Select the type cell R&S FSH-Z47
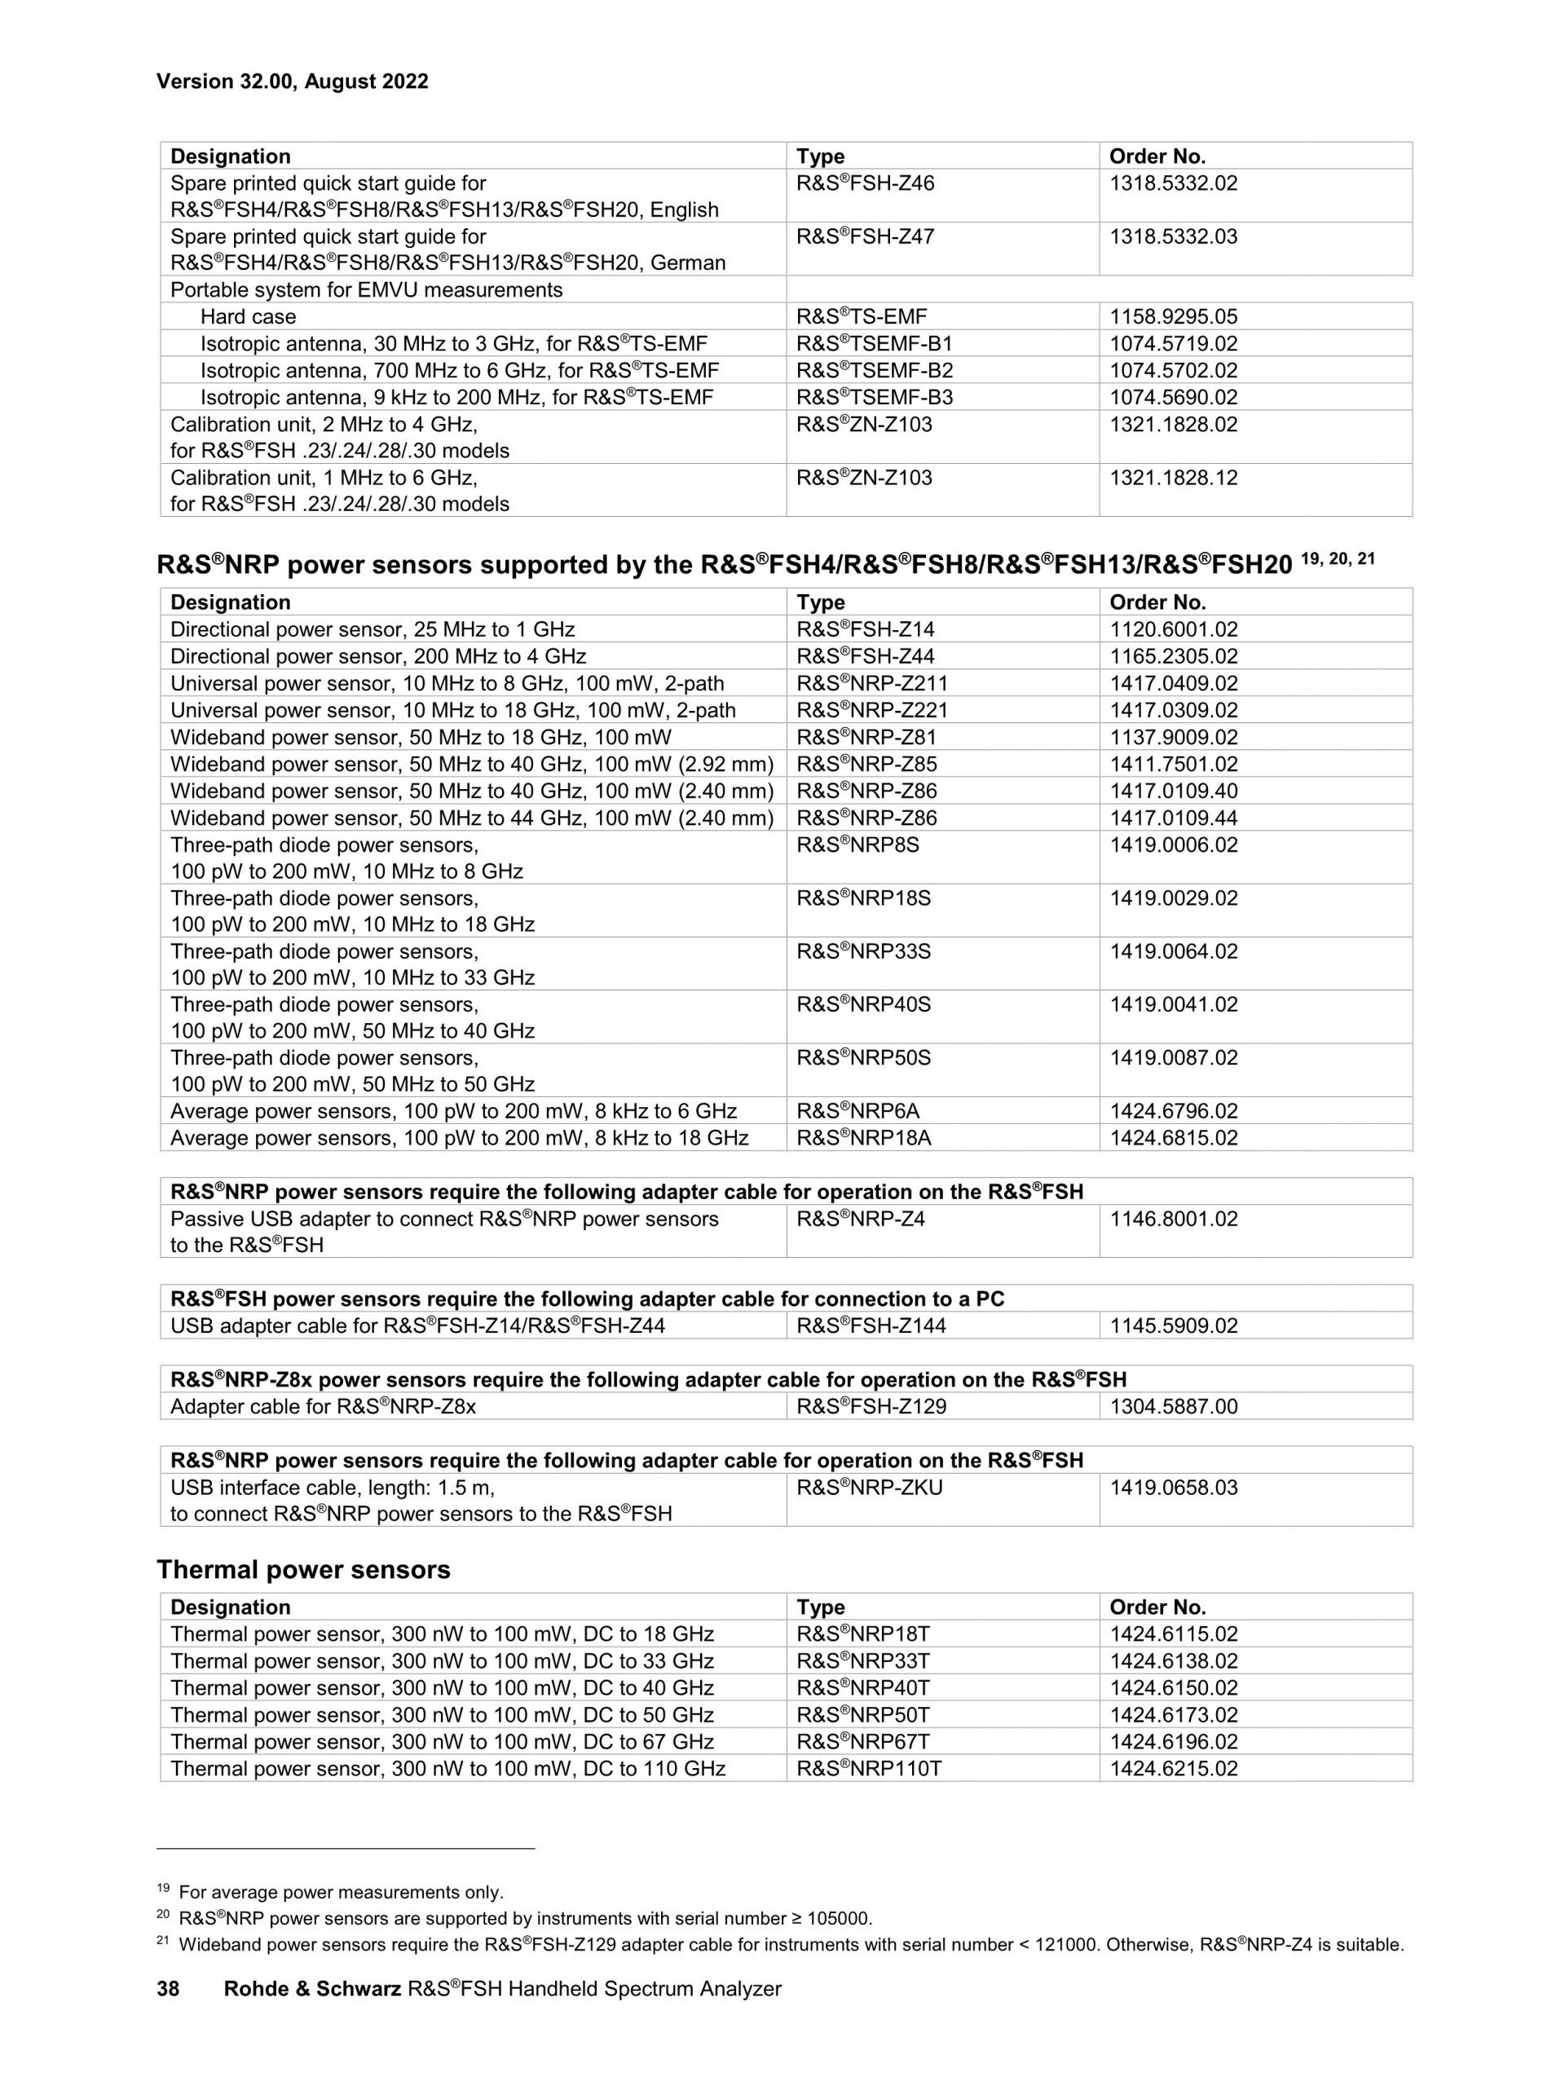tap(865, 236)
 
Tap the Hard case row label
tap(248, 317)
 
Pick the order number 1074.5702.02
tap(1173, 371)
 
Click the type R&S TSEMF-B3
tap(874, 397)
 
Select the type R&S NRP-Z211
tap(871, 683)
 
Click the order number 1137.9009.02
tap(1173, 737)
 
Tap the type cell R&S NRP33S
tap(862, 951)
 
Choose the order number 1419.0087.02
tap(1173, 1058)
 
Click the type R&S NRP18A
tap(862, 1138)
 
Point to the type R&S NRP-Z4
tap(860, 1219)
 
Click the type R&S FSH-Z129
tap(871, 1407)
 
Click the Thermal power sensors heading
tap(303, 1570)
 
